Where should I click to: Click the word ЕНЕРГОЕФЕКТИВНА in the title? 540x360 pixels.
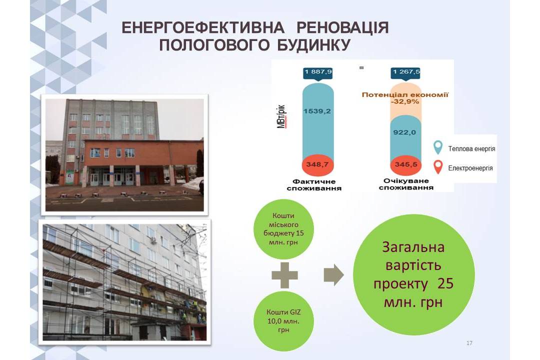coord(203,28)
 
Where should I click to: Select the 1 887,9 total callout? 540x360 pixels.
coord(318,72)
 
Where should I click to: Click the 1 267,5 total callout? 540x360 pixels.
coord(405,72)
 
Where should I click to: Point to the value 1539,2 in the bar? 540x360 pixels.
coord(317,111)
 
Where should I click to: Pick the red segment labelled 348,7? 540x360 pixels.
coord(318,164)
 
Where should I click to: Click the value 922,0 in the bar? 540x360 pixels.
coord(404,132)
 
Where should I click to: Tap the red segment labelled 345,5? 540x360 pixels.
coord(405,164)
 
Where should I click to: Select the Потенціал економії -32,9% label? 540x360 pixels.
coord(405,98)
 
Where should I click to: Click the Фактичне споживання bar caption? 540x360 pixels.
coord(314,184)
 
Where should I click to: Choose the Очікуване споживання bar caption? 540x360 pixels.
coord(406,184)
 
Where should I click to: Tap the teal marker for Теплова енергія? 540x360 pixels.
coord(437,147)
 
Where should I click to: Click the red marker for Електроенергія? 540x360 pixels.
coord(437,167)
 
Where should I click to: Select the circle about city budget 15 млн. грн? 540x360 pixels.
coord(283,229)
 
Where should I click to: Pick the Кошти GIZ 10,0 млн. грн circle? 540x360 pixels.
coord(283,321)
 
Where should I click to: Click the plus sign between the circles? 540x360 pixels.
coord(285,275)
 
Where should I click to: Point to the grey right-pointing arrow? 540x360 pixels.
coord(333,275)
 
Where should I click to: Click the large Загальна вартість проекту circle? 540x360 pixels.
coord(414,274)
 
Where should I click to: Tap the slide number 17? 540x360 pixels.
coord(469,343)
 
